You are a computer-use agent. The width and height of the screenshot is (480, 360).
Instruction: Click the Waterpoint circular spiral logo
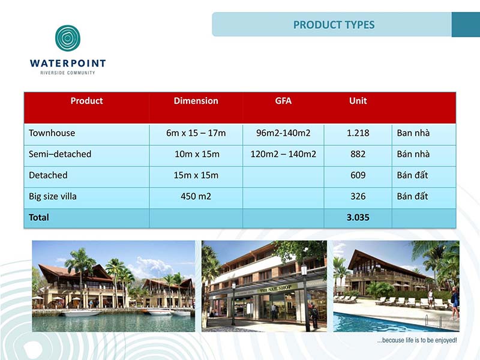pos(68,38)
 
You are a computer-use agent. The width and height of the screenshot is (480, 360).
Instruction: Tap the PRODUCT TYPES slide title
pos(334,25)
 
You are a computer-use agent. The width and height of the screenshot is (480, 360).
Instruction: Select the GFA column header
pos(283,101)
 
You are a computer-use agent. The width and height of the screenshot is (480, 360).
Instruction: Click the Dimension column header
pos(196,101)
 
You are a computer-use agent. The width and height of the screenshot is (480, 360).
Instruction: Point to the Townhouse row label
pos(52,133)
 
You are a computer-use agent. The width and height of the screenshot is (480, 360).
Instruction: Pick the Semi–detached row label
pos(60,154)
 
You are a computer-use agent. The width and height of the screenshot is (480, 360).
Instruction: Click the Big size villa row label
pos(53,196)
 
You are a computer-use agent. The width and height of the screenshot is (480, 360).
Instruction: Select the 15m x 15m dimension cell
pos(196,175)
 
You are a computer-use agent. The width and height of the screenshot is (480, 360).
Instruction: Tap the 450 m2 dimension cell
pos(196,196)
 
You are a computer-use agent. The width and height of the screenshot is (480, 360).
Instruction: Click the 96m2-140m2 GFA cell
pos(283,133)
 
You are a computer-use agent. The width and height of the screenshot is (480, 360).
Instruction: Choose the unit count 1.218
pos(358,133)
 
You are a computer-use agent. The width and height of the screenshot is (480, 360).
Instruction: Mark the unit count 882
pos(358,154)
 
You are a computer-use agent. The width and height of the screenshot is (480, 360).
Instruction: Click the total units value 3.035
pos(358,217)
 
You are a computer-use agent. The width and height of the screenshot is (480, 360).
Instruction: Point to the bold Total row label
pos(39,217)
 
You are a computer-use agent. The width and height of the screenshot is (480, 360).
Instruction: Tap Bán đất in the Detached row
pos(412,175)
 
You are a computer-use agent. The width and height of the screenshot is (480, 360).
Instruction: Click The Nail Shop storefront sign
pos(275,289)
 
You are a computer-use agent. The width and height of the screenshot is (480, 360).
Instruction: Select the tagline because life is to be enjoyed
pos(417,340)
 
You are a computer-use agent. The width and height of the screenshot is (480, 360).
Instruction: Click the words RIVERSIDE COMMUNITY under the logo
pos(68,73)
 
